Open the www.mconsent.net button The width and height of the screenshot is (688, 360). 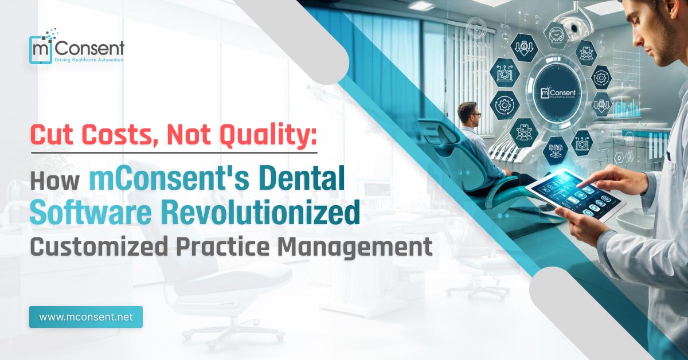click(86, 317)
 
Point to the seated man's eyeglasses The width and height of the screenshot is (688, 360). click(475, 115)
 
